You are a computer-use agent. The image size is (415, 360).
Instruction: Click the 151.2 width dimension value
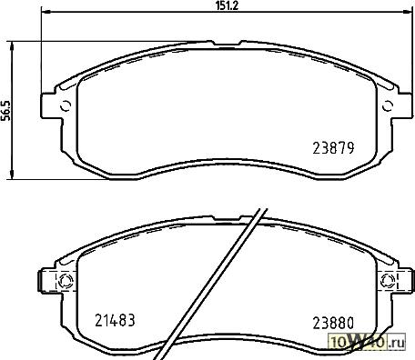tap(228, 5)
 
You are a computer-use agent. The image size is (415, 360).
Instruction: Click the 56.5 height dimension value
tap(5, 111)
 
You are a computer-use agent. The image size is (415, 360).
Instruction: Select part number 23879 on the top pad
tap(333, 148)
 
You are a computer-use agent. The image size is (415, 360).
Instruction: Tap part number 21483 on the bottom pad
tap(115, 320)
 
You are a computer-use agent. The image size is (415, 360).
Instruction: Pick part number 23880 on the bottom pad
tap(333, 324)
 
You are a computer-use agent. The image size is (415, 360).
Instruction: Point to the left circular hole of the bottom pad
tap(65, 281)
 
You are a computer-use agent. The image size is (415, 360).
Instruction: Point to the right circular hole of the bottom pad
tap(388, 280)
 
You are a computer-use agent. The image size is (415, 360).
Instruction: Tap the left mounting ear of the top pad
tap(49, 105)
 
